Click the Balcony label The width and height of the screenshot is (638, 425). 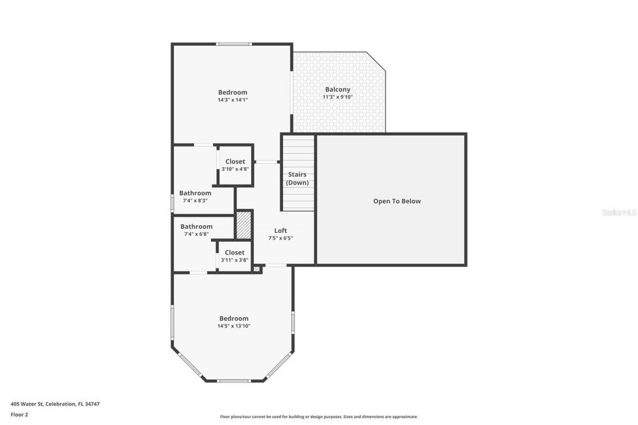337,90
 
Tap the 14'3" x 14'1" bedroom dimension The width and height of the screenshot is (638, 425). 233,100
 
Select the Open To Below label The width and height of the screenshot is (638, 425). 397,201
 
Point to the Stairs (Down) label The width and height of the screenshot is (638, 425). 297,179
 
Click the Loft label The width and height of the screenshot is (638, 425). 281,231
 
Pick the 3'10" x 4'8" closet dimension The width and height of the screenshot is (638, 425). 235,169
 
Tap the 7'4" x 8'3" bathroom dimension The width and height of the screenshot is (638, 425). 195,200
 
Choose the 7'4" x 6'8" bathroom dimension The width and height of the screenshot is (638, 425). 196,234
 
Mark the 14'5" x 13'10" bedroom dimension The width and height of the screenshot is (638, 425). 234,326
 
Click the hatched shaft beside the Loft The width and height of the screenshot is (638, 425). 243,225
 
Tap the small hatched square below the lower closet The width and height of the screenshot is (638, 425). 257,269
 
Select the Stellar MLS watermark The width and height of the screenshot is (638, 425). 620,213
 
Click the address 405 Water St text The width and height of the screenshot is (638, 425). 55,404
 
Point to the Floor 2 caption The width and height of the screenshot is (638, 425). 19,414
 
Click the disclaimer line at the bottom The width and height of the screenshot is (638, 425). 319,417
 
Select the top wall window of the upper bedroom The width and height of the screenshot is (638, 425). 234,44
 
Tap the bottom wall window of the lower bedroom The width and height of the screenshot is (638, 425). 234,381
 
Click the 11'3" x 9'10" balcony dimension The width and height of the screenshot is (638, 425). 337,97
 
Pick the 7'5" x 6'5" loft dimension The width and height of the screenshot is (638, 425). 281,238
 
